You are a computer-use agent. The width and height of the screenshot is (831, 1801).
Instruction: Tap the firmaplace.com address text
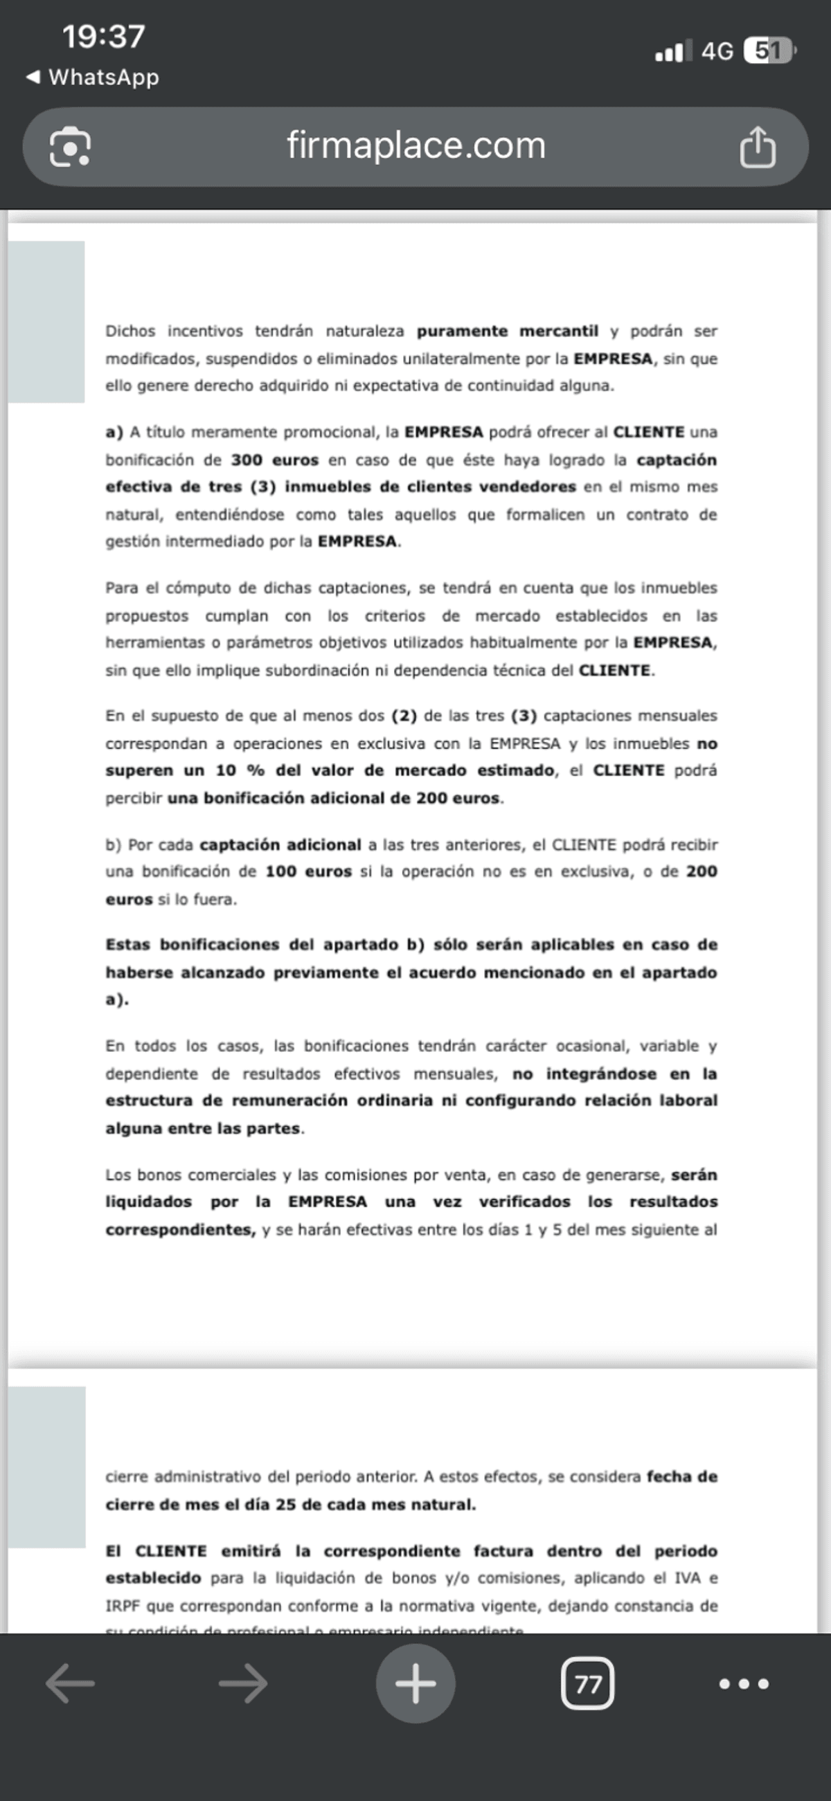415,146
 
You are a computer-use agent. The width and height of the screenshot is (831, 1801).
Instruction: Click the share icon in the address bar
758,147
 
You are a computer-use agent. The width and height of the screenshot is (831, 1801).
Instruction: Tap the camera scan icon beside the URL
70,147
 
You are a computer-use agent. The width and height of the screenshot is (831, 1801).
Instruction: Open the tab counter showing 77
587,1683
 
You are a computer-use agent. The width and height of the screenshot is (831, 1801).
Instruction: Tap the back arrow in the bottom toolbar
70,1683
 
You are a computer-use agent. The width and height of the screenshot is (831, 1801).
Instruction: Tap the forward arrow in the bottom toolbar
243,1683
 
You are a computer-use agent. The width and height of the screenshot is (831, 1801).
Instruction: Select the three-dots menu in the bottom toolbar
744,1683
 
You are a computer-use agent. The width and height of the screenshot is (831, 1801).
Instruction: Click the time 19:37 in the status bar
103,37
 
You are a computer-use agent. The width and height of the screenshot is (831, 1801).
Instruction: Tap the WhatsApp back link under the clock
93,77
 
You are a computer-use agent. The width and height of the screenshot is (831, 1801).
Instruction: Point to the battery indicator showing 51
769,51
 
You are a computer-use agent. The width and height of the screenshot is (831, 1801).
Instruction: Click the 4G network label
717,51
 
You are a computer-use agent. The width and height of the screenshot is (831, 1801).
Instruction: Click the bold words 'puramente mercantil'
507,331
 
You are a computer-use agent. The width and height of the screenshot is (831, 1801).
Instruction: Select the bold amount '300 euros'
274,460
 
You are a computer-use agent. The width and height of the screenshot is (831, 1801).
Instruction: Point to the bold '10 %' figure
240,770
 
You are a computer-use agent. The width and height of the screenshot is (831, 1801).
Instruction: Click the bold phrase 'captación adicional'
280,844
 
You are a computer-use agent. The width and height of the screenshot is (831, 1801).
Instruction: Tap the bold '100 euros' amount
308,871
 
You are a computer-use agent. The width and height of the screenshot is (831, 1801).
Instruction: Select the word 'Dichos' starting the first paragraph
131,331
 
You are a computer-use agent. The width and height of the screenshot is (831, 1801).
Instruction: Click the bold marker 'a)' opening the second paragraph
114,432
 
